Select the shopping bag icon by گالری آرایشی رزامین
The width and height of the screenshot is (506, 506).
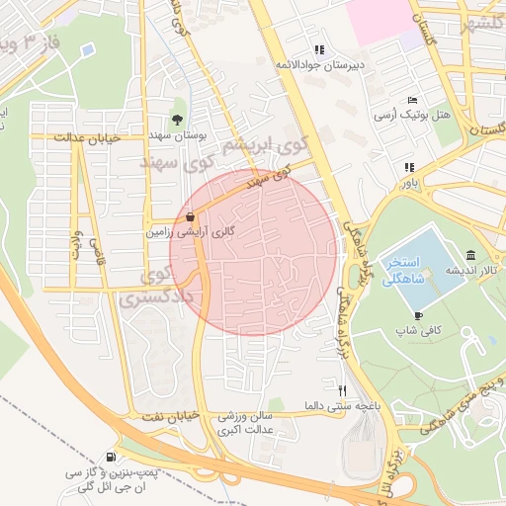[190, 215]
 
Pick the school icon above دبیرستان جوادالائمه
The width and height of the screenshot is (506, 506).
[318, 49]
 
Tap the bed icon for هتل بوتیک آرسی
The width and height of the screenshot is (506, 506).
[412, 100]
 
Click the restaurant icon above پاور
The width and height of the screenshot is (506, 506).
[408, 167]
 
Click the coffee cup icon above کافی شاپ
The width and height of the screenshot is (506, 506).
[418, 316]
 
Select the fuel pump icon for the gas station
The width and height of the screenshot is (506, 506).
[109, 457]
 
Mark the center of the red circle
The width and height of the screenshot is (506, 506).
[251, 252]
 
